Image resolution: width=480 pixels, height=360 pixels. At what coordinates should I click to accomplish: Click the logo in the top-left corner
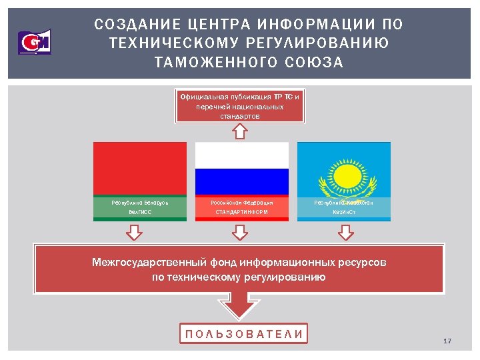point(34,43)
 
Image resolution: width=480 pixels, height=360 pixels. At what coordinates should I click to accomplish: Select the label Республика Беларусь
point(139,201)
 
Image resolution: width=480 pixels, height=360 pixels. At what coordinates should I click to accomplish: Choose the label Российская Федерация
point(241,201)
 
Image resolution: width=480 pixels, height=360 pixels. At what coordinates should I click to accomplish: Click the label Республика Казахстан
point(343,201)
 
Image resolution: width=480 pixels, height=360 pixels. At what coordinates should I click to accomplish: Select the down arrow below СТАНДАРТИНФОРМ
point(239,232)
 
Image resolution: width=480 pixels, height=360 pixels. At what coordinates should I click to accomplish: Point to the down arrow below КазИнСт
point(345,232)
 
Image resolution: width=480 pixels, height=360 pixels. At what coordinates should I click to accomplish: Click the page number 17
point(447,341)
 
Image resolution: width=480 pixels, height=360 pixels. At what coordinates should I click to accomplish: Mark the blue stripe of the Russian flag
point(241,181)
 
